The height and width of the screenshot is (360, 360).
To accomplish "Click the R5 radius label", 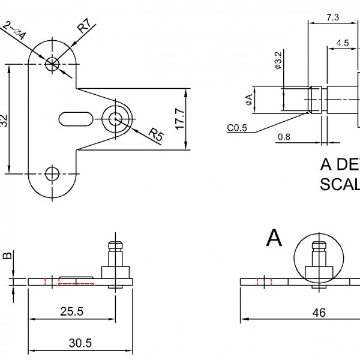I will click(155, 134).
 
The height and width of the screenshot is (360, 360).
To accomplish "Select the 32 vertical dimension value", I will click(4, 120).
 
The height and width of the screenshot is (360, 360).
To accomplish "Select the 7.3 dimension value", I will click(332, 17).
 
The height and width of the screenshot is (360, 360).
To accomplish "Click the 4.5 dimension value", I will click(343, 43).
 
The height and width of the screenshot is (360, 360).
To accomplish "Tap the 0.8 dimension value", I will click(284, 137).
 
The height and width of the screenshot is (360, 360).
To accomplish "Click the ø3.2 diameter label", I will click(278, 61).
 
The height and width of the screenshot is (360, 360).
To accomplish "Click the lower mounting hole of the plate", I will click(53, 174).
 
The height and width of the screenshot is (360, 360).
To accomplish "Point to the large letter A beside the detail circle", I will click(274, 238).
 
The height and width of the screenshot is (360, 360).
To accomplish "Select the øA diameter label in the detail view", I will click(248, 100).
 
